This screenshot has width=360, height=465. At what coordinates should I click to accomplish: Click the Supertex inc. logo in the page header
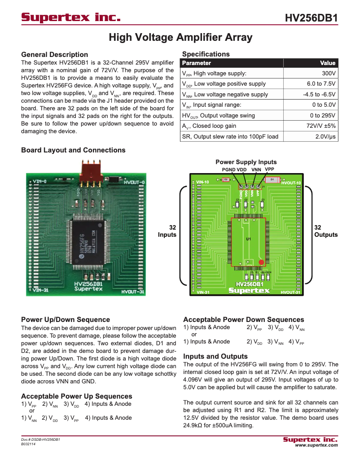point(71,18)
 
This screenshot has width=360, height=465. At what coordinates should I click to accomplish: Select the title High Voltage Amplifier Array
point(180,37)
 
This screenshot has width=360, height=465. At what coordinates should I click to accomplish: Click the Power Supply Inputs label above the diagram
point(246,162)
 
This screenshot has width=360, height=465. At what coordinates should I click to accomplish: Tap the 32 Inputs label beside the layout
point(167,231)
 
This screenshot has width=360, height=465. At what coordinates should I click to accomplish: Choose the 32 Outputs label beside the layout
point(326,231)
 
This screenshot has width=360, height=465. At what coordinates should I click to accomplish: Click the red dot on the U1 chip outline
point(261,262)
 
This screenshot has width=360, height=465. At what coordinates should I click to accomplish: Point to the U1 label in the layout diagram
point(248,239)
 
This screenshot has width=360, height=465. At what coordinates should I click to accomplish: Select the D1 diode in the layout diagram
point(272,179)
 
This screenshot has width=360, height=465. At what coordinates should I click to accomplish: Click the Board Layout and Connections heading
point(73,150)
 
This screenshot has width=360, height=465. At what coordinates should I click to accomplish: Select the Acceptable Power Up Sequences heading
point(76,396)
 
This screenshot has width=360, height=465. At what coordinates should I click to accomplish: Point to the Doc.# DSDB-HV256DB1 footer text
point(41,439)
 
